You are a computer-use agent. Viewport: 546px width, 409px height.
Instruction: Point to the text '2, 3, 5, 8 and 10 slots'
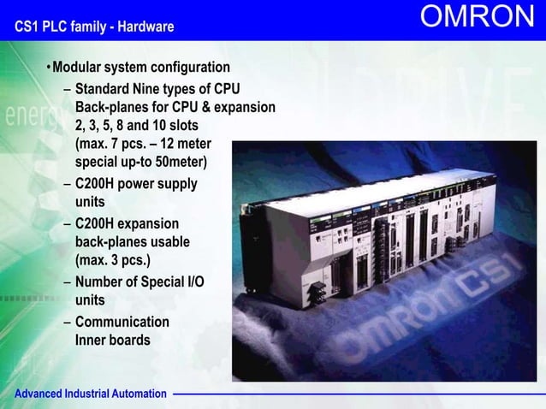[136, 125]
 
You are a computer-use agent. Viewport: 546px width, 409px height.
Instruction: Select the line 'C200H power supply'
[136, 184]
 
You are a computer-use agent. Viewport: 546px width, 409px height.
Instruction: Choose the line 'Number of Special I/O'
[139, 282]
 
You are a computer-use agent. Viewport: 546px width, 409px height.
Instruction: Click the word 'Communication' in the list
[122, 322]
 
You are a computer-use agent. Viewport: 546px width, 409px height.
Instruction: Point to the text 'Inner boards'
[112, 340]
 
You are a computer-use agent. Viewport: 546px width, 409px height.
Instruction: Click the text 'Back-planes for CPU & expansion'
[175, 107]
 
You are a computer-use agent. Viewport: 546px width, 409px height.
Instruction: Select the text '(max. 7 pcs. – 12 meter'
[142, 144]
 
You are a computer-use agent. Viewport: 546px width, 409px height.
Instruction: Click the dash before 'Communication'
[67, 322]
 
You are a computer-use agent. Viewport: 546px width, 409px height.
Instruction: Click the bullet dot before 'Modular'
[49, 68]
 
